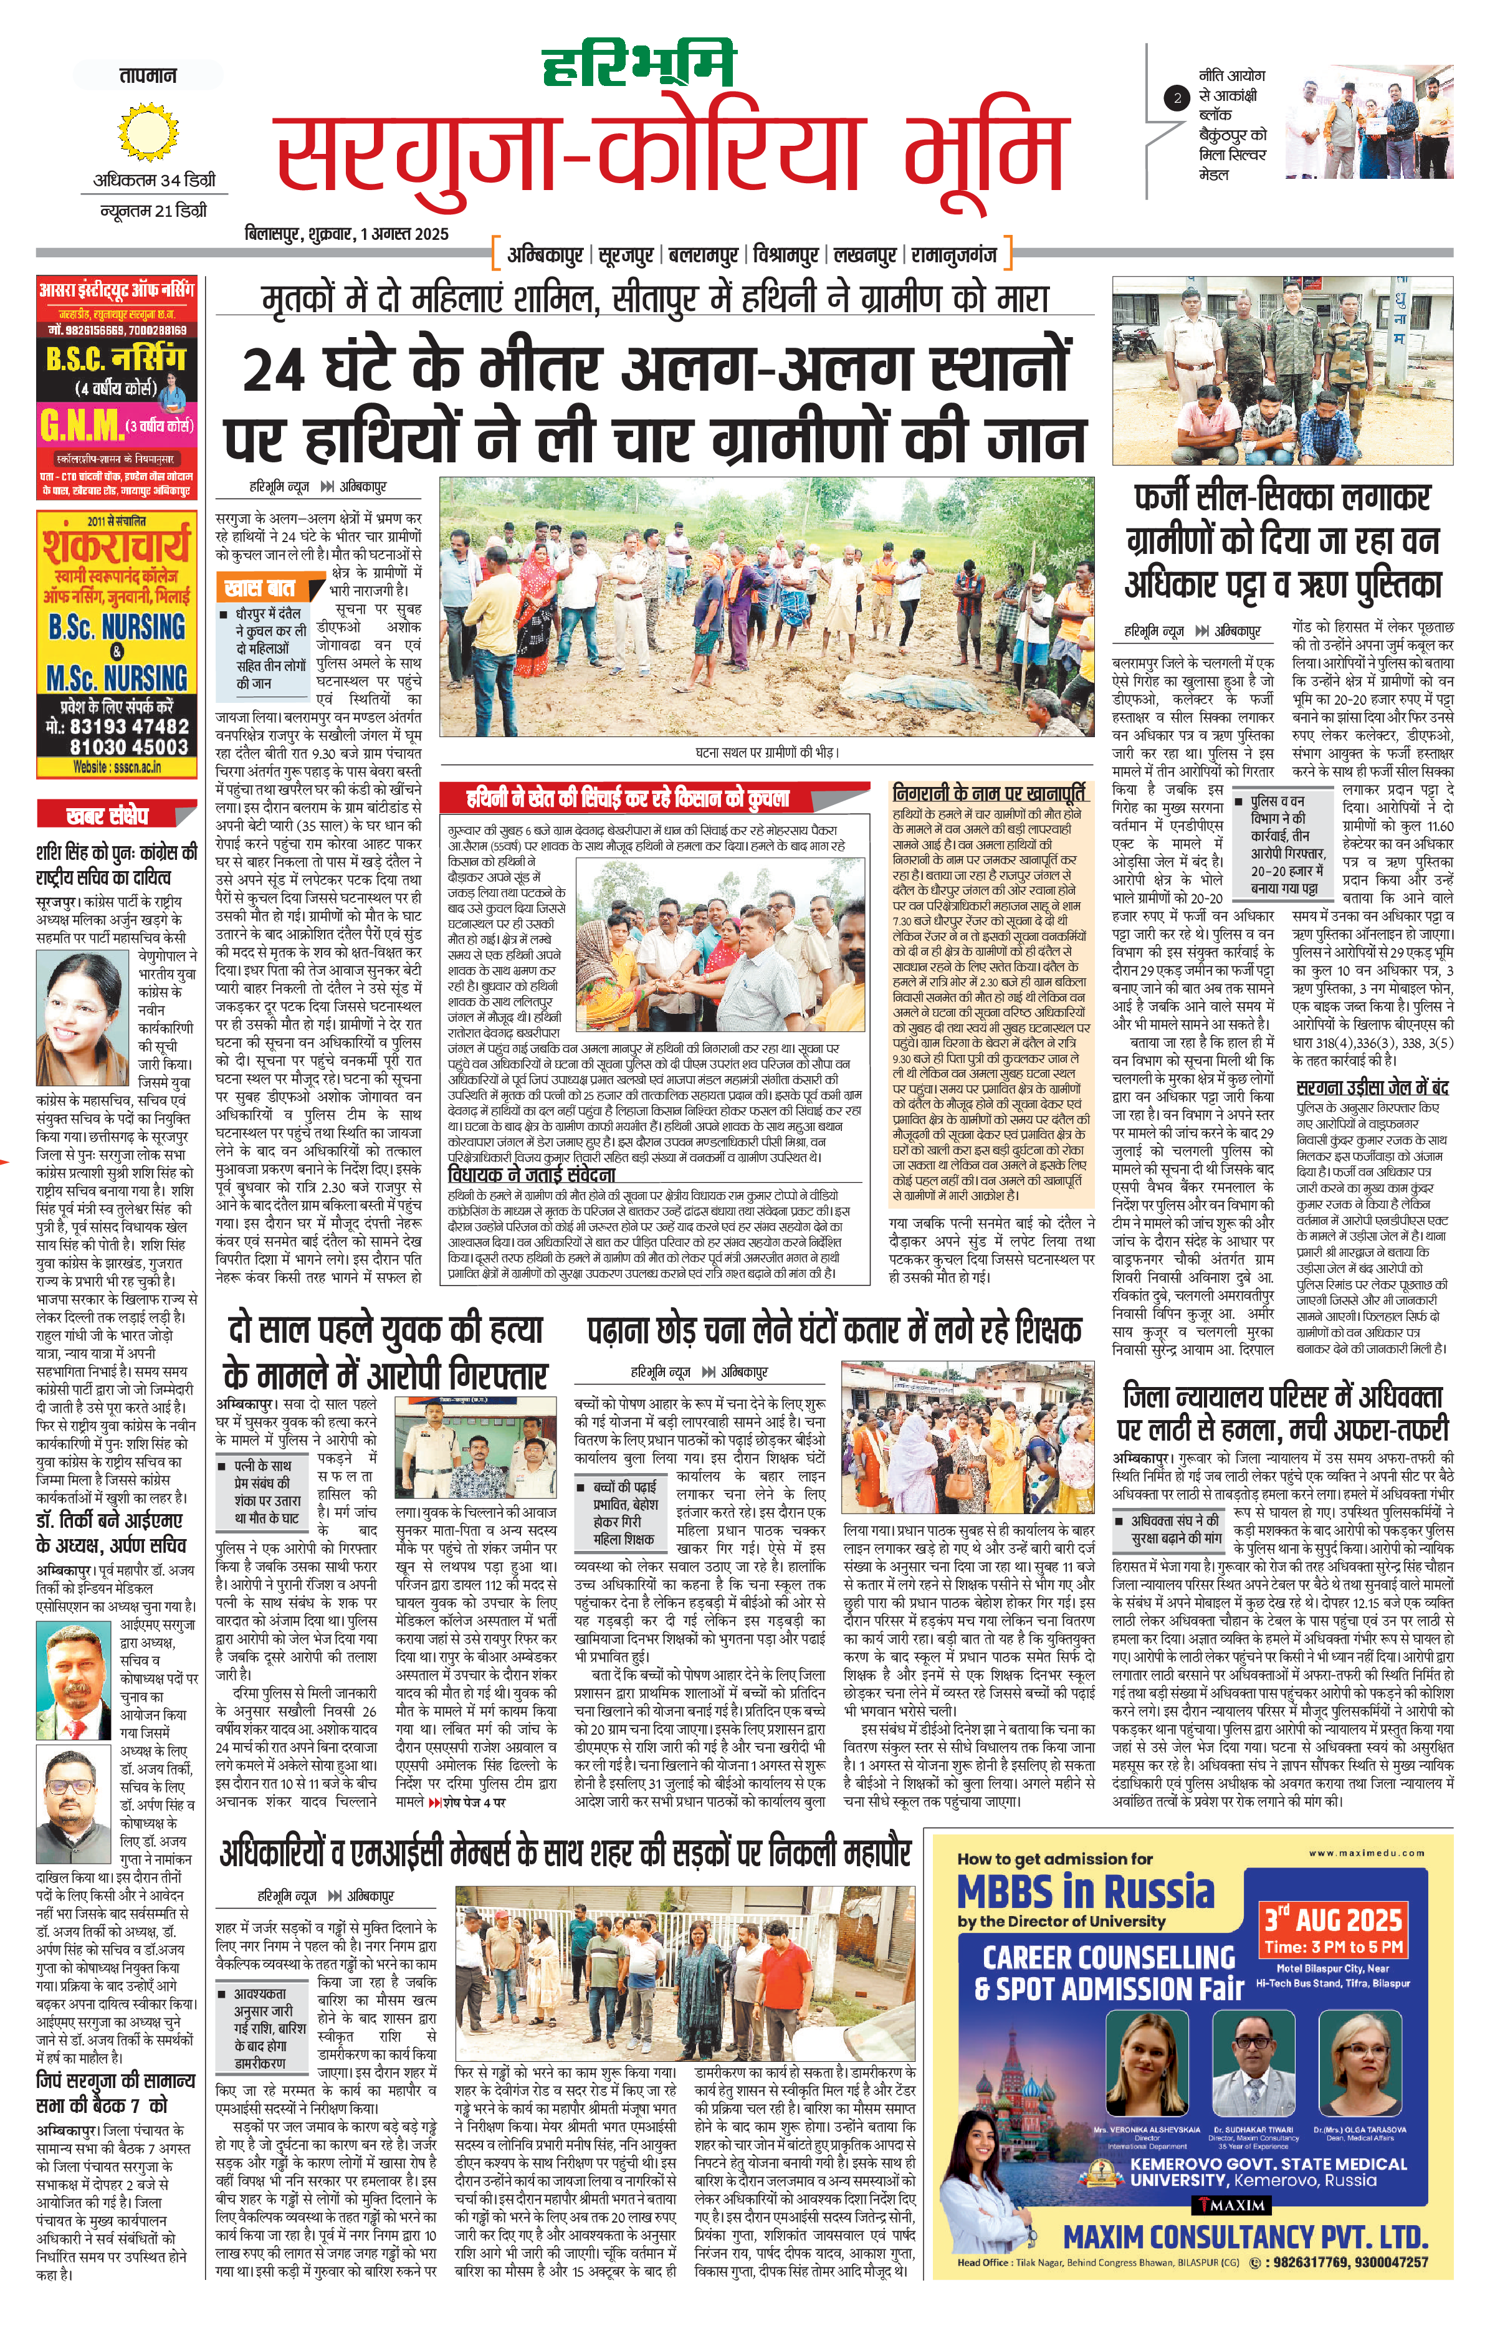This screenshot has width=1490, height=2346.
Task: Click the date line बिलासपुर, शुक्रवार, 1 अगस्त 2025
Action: click(347, 234)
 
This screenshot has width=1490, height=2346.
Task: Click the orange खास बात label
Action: click(259, 588)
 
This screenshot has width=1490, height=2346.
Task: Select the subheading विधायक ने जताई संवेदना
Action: click(531, 1176)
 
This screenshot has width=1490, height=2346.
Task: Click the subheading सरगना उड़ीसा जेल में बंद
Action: click(1372, 1087)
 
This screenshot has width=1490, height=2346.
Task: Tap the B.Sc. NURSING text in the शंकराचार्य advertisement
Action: click(117, 626)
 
